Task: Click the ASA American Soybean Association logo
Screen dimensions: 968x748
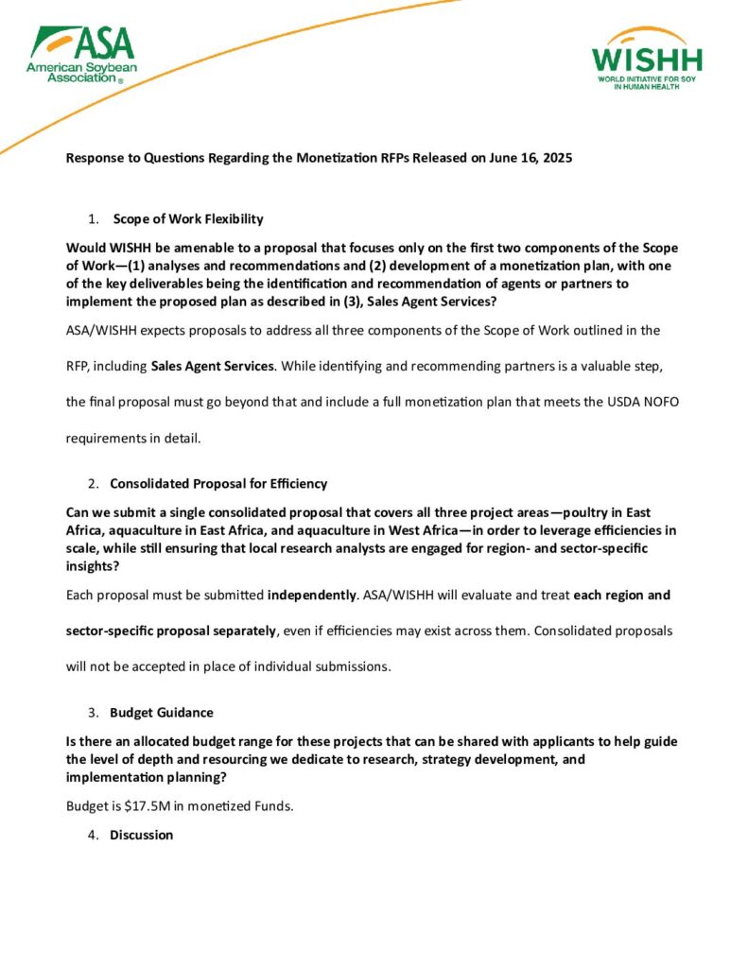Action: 82,54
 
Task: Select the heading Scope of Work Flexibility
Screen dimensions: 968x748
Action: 188,219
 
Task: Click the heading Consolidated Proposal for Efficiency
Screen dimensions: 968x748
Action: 218,484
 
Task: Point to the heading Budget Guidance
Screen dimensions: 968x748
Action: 162,712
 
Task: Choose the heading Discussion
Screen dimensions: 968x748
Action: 142,835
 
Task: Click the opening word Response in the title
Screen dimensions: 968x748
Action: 96,158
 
